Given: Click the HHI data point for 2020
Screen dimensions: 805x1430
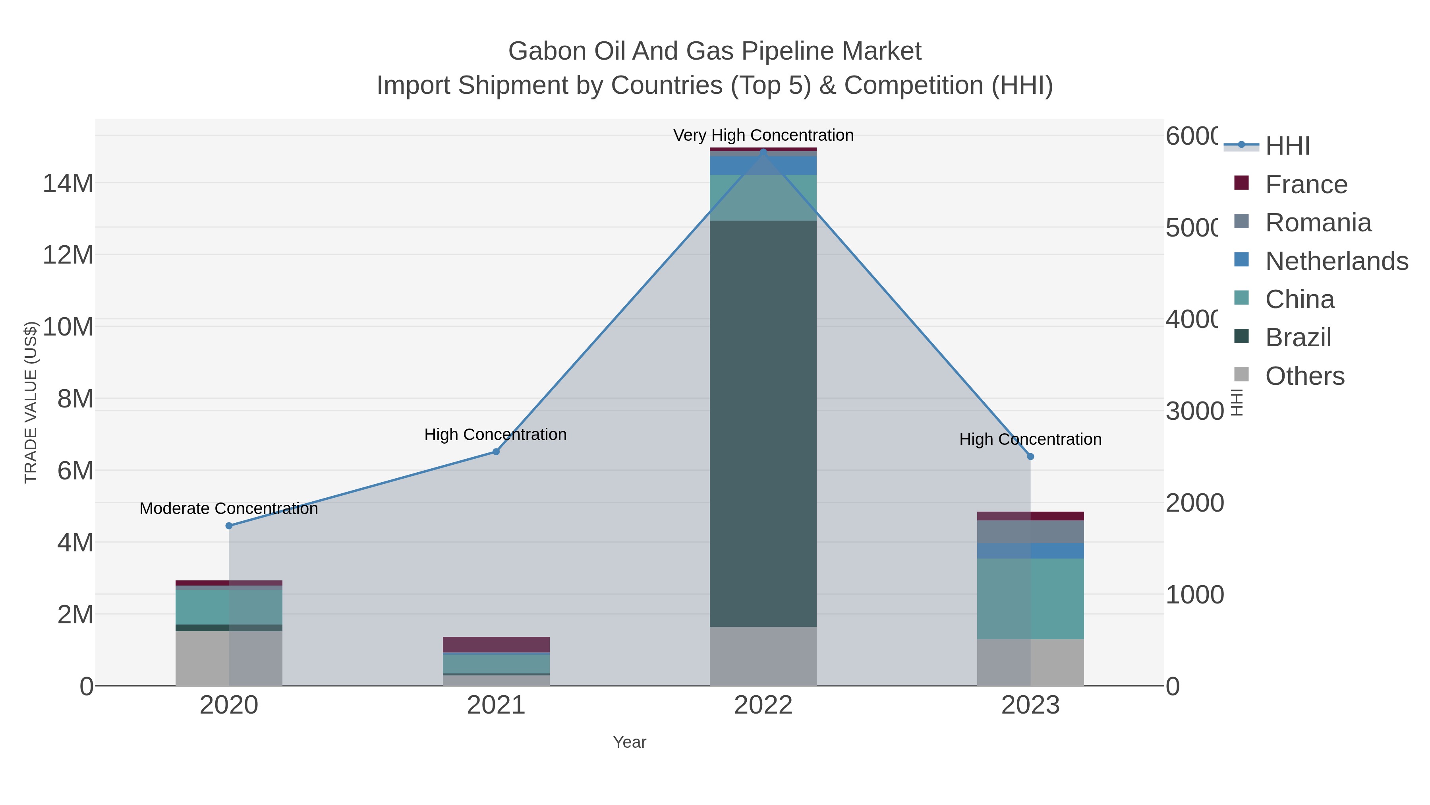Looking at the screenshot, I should [x=229, y=526].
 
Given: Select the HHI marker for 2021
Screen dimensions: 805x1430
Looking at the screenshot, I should [x=496, y=452].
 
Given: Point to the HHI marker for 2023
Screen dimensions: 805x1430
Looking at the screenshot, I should [x=1030, y=457].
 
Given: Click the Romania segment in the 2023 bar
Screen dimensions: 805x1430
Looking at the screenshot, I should [x=1030, y=531].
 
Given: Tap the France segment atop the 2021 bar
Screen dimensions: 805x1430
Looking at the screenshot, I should [x=496, y=644].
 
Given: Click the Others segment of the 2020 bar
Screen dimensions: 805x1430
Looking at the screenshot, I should [x=229, y=658].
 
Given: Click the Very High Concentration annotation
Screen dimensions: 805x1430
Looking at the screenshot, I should [x=763, y=135].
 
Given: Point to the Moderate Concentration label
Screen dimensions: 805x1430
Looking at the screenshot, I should [x=229, y=508].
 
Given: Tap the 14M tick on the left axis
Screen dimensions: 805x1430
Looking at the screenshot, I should [x=68, y=183].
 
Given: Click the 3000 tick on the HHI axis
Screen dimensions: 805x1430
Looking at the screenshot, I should [x=1194, y=411].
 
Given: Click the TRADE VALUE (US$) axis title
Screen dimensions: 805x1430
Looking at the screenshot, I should [x=31, y=402].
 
